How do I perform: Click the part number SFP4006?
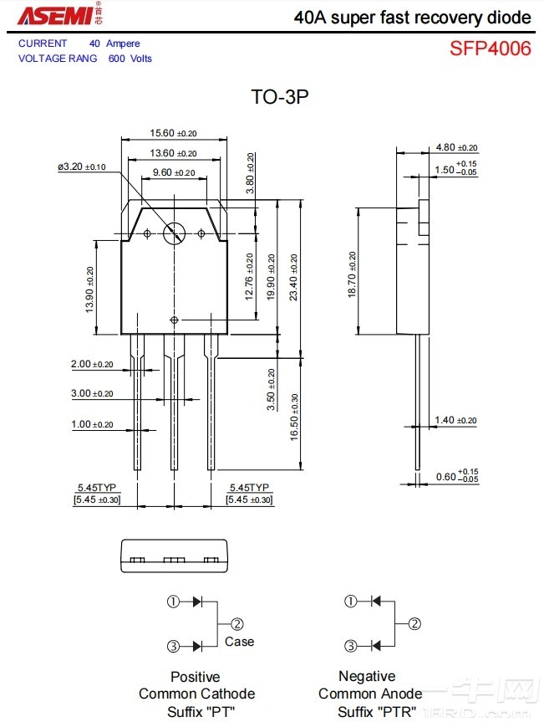[490, 49]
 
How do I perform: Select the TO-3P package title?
[280, 97]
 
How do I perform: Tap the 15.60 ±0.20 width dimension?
[173, 133]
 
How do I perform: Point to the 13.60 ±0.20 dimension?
[173, 153]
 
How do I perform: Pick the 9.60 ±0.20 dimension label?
[173, 172]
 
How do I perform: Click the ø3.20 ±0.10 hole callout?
[82, 167]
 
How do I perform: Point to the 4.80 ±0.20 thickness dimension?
[456, 148]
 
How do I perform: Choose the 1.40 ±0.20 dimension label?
[455, 420]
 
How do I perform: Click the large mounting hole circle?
[175, 233]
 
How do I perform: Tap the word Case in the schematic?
[239, 642]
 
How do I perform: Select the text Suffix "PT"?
[201, 711]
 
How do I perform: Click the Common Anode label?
[370, 694]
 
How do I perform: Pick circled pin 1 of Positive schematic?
[174, 602]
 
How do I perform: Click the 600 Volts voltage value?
[130, 59]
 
